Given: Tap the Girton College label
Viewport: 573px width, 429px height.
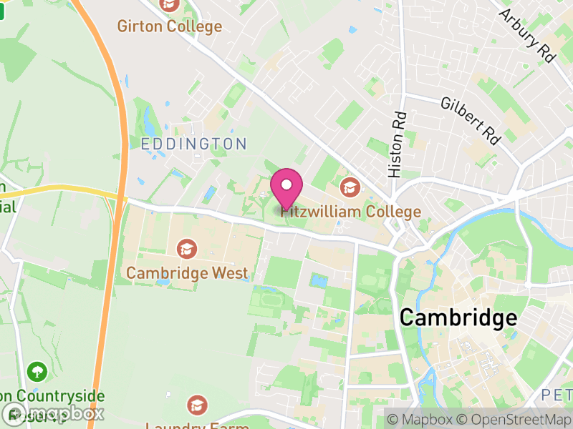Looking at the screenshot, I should click(170, 26).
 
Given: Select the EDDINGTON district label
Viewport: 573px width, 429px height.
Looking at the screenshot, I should click(193, 144).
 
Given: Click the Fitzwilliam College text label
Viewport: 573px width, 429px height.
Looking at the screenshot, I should click(351, 212).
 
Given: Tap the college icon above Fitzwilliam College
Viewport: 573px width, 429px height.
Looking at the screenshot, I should click(350, 187).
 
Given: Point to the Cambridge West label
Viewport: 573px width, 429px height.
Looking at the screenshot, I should click(187, 272).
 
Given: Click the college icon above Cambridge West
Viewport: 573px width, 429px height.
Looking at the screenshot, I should click(187, 249).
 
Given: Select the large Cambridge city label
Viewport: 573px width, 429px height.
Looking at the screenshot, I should click(458, 317).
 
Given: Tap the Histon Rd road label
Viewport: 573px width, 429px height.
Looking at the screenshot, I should click(397, 144).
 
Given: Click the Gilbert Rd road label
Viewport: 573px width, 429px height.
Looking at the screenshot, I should click(471, 121).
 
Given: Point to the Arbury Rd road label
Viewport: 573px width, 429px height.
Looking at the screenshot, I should click(529, 35).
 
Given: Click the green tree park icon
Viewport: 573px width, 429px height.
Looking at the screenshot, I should click(37, 372).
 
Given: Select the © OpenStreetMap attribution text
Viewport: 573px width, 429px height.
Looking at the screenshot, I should click(514, 418).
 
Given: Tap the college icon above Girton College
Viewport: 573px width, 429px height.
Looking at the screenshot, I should click(170, 5).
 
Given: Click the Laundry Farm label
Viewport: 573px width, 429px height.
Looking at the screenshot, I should click(197, 425).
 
